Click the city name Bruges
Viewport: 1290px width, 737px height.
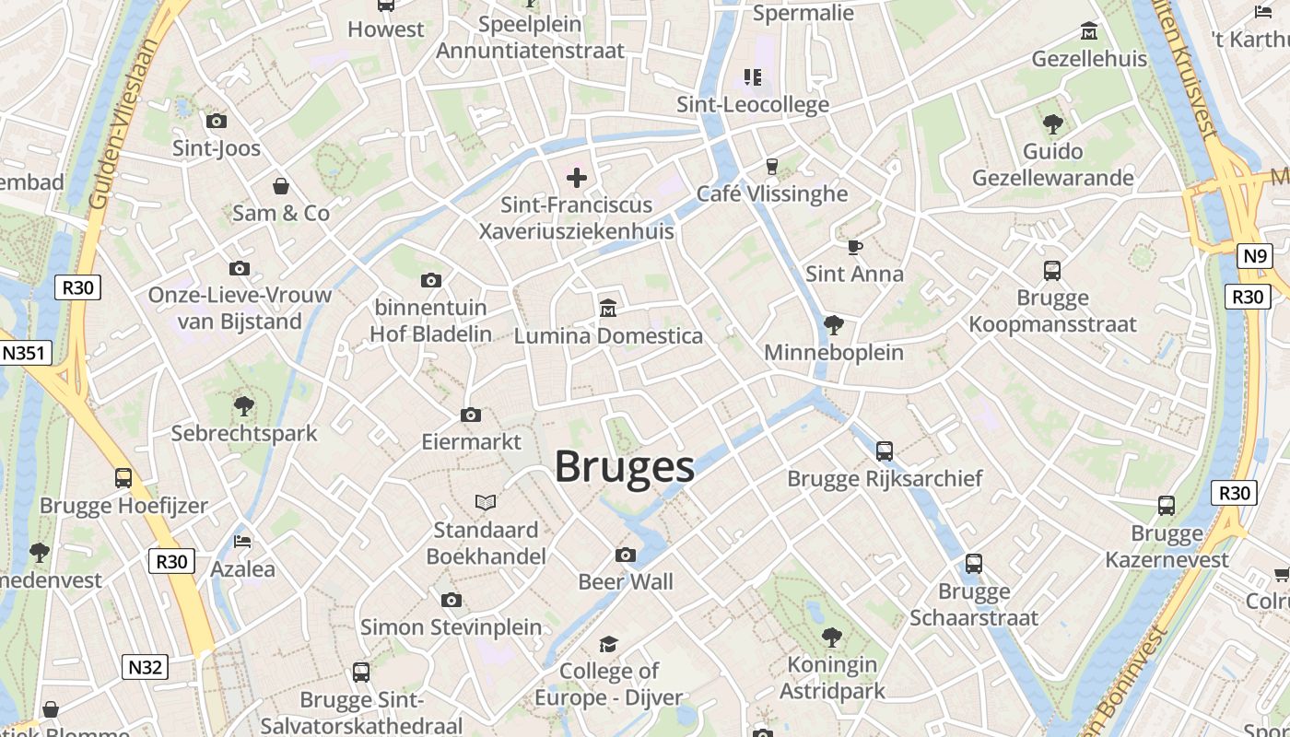click(x=625, y=467)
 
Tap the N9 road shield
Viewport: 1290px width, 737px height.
click(x=1253, y=256)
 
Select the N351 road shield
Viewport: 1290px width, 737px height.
click(x=26, y=353)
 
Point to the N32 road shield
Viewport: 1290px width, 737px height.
click(x=145, y=667)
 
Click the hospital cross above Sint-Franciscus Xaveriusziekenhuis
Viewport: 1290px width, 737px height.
click(x=577, y=177)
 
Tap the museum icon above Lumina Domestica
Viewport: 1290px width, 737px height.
click(x=608, y=307)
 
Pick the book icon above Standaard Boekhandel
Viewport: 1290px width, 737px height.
click(x=486, y=502)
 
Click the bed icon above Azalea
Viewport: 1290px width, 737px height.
click(x=242, y=541)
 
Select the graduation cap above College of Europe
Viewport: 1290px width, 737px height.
click(x=608, y=644)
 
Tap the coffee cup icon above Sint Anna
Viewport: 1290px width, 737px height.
click(x=855, y=246)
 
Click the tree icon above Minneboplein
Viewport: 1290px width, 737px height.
click(x=834, y=324)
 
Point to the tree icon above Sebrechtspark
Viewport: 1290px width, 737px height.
click(x=244, y=405)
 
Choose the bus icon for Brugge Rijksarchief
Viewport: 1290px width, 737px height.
click(x=885, y=450)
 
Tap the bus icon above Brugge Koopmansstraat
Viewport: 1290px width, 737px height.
click(x=1052, y=270)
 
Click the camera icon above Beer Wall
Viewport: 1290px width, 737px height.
click(x=626, y=555)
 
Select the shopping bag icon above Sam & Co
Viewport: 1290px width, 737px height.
click(x=281, y=185)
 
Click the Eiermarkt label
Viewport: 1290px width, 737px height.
click(x=471, y=441)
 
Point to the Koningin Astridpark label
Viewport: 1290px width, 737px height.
click(x=832, y=677)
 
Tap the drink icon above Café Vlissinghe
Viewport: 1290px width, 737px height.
click(x=772, y=166)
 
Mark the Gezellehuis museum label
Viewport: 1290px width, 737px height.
click(x=1089, y=59)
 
